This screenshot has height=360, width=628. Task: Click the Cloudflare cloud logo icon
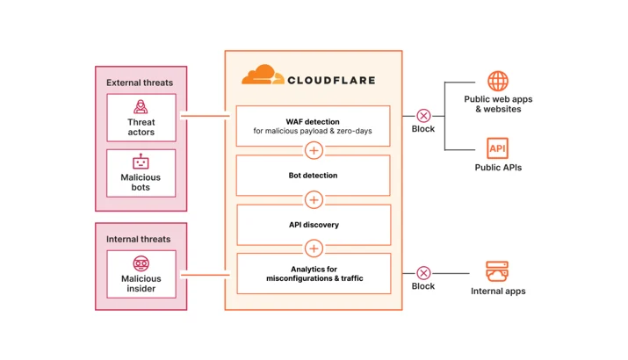click(x=263, y=75)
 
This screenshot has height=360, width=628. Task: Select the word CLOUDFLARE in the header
click(x=332, y=80)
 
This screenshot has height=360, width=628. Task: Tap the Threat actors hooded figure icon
click(x=141, y=106)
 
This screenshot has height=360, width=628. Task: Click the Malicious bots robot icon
click(x=141, y=162)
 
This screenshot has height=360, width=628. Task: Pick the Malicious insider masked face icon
click(x=141, y=263)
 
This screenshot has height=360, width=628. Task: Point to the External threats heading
click(x=140, y=83)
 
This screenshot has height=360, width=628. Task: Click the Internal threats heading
click(x=138, y=239)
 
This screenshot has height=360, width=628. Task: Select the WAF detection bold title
click(x=313, y=122)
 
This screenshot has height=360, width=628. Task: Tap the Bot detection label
click(x=314, y=176)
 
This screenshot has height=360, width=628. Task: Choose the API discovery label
click(x=314, y=225)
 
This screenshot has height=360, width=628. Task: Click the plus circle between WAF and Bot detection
click(x=314, y=150)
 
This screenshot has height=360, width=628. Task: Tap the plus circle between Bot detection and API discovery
click(x=314, y=200)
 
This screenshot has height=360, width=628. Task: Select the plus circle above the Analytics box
click(x=314, y=248)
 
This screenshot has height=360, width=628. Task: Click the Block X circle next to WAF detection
click(x=423, y=116)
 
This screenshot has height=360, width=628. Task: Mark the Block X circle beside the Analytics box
click(x=423, y=273)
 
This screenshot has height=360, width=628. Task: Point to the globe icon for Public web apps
click(x=498, y=82)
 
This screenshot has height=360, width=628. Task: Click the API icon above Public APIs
click(x=497, y=148)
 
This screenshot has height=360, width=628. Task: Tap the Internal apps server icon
click(x=497, y=271)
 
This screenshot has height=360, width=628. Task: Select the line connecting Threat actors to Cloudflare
click(x=205, y=116)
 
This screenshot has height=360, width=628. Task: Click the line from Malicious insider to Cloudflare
click(x=205, y=275)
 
